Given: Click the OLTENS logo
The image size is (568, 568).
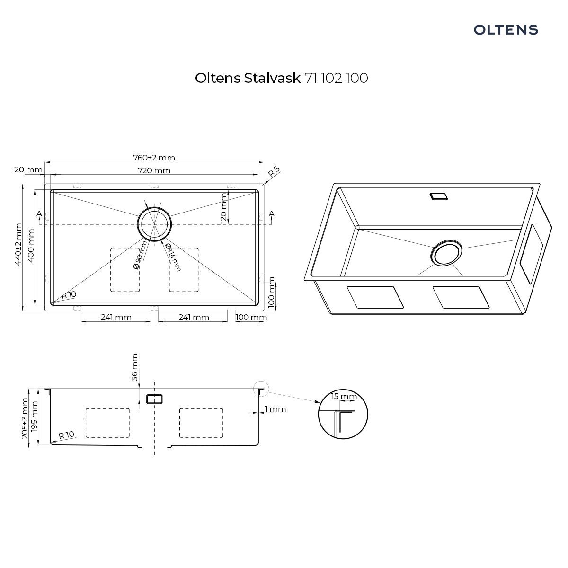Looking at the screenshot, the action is (x=506, y=30).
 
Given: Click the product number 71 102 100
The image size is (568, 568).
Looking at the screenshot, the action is (x=337, y=78).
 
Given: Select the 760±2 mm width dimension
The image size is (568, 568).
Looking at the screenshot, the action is (x=154, y=158).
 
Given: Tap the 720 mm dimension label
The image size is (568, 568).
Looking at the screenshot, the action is (x=154, y=170).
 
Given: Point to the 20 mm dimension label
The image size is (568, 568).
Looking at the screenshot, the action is (x=28, y=170).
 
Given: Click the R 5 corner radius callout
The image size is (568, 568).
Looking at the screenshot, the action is (x=274, y=171).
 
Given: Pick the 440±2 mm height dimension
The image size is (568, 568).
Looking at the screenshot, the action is (x=18, y=244).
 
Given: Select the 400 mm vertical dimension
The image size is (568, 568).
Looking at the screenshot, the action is (x=31, y=246).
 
